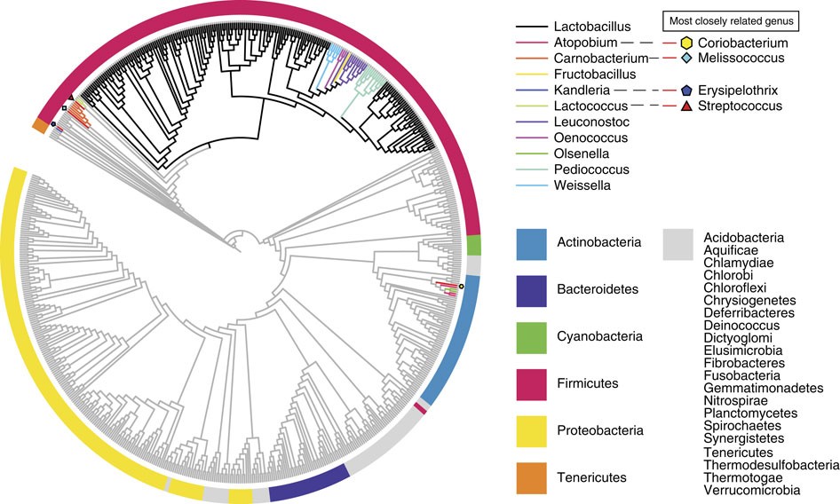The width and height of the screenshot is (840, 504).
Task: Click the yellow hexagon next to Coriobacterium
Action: click(x=686, y=42)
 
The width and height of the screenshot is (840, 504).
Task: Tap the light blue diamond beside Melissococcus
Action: click(x=686, y=59)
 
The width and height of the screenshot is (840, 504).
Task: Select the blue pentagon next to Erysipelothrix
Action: click(x=686, y=91)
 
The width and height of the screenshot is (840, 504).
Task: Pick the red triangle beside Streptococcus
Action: click(x=686, y=106)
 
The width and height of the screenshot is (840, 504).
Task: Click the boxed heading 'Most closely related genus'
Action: click(x=731, y=20)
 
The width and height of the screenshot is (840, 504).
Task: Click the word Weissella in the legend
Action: click(x=578, y=185)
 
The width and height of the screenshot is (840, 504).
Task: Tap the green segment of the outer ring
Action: click(x=474, y=245)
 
